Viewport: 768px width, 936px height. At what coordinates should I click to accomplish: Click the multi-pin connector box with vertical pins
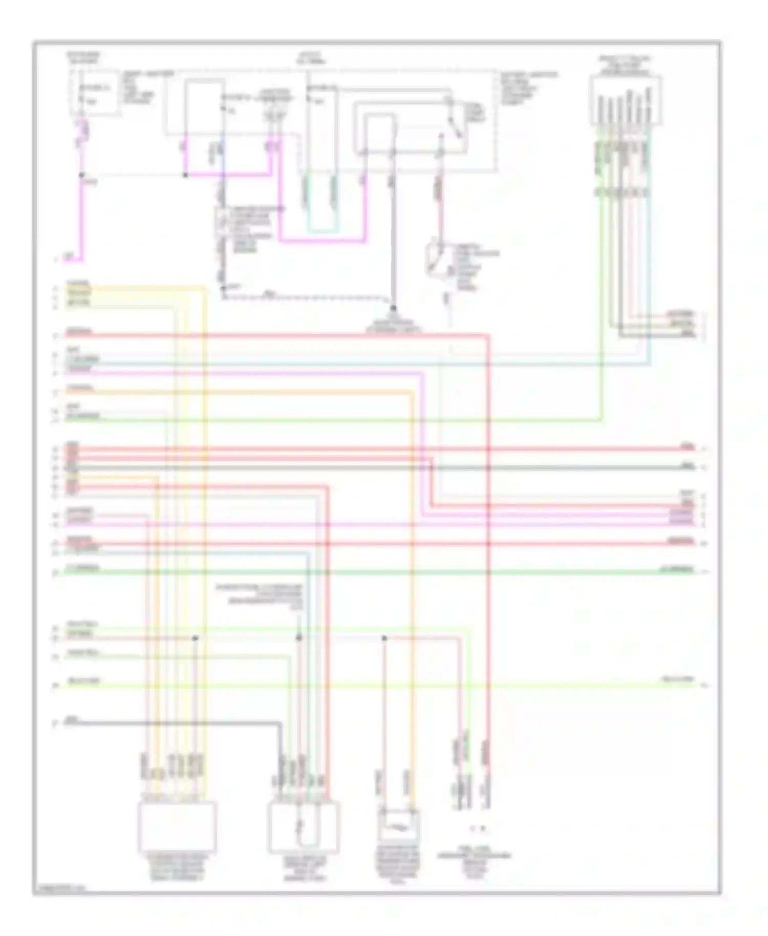coord(625,101)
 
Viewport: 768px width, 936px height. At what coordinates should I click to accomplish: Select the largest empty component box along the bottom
coord(177,827)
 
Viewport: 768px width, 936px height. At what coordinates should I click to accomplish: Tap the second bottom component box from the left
coord(303,827)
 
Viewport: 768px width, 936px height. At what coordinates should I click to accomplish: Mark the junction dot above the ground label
coord(393,309)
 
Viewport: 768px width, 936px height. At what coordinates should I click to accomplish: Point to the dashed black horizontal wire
coord(307,297)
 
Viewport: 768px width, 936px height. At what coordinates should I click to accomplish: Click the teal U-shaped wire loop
coord(321,230)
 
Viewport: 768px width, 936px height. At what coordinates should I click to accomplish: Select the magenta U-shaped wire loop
coord(323,240)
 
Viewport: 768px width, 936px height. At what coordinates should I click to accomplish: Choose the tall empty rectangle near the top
coord(204,108)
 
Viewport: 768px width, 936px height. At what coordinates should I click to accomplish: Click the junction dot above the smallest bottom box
coord(384,638)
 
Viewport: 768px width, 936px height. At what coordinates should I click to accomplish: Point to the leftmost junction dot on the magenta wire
coord(82,175)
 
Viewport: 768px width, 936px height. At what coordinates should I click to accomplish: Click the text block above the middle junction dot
coord(259,597)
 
